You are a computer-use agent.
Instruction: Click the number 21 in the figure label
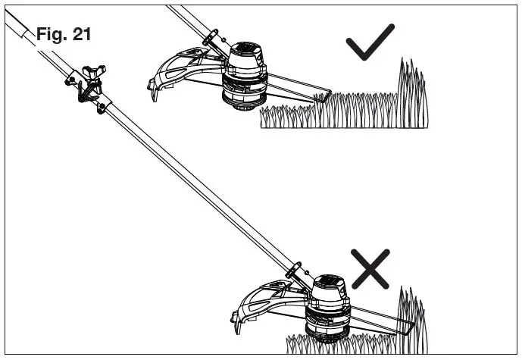pos(83,34)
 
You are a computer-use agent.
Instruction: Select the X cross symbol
pos(370,268)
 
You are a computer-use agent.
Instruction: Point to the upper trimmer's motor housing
pos(245,60)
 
